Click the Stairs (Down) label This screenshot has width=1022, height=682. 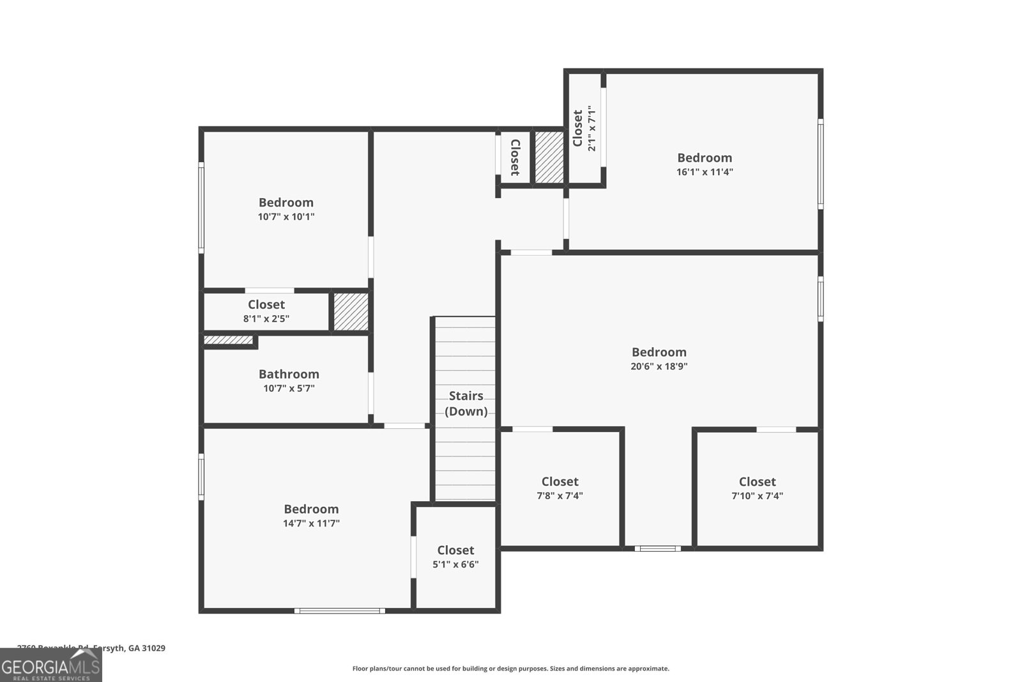tap(466, 403)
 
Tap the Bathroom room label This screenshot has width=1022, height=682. tap(289, 375)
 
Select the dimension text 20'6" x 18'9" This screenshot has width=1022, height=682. tap(659, 367)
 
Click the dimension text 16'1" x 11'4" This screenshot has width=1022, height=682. tap(705, 172)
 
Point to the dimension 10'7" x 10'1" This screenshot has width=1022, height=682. tap(286, 217)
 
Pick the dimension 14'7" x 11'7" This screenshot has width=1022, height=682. tap(311, 523)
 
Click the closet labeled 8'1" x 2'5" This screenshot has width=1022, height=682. tap(266, 311)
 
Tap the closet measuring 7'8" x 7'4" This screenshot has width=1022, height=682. tap(560, 488)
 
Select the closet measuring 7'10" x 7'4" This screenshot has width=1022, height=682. tap(757, 488)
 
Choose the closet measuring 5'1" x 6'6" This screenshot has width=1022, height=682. tap(455, 557)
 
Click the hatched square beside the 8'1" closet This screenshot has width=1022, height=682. tap(351, 311)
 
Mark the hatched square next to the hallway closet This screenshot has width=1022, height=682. tap(548, 157)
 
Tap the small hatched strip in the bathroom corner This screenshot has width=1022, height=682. tap(228, 340)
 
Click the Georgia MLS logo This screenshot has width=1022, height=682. tap(50, 665)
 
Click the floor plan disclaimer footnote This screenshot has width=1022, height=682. tap(510, 669)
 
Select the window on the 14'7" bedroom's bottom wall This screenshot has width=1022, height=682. tap(339, 611)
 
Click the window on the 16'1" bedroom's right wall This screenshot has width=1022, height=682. tap(821, 163)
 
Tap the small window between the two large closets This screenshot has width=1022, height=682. tap(658, 548)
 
